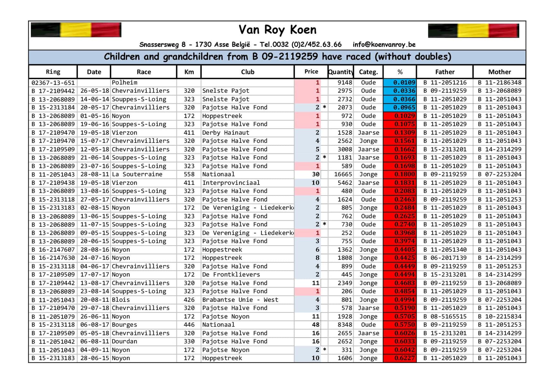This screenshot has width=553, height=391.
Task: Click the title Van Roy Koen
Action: pos(277,30)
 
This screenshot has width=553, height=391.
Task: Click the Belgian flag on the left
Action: pos(76,30)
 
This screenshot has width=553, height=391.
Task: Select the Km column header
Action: pos(189,72)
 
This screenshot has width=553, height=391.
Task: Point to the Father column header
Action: pos(445,72)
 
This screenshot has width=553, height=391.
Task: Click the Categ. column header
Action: pos(368,72)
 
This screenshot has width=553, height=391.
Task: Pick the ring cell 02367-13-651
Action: pos(53,83)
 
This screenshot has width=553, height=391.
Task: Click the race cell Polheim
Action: pos(124,83)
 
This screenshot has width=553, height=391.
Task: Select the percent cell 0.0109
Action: pos(400,83)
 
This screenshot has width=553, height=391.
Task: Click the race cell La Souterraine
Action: pos(137,174)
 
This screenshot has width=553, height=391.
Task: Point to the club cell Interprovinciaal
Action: pos(231,183)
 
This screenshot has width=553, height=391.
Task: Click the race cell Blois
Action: pos(121,300)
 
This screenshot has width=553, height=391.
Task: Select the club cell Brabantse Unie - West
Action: pos(240,300)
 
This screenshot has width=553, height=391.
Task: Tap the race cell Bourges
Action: pos(124,325)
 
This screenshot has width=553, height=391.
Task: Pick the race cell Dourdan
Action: pos(124,341)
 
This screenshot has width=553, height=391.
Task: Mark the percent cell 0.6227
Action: pos(400,358)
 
